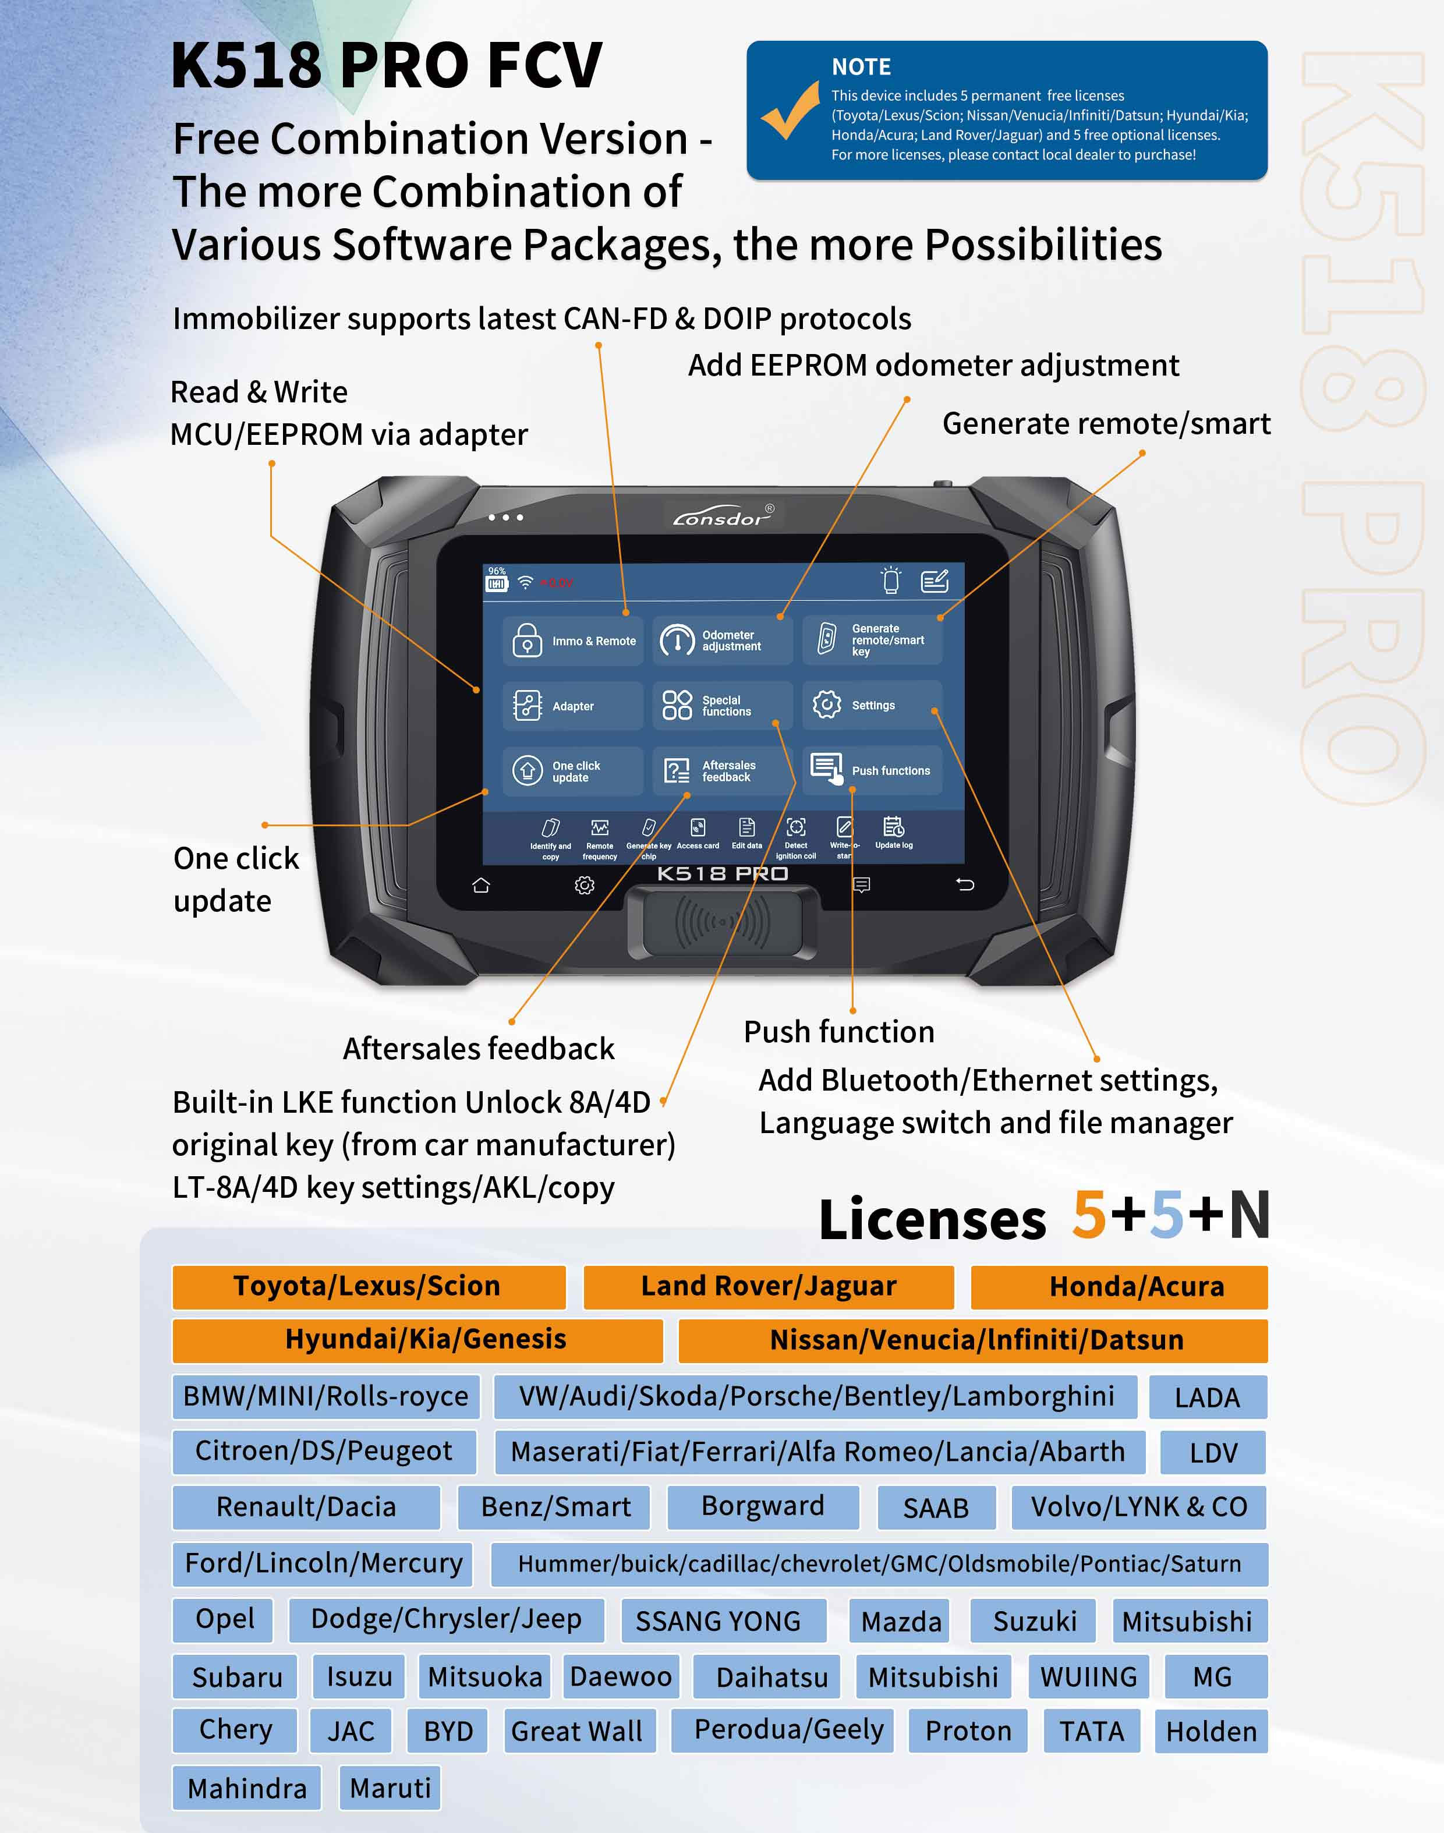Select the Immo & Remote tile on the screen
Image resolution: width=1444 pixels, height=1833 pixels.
point(572,641)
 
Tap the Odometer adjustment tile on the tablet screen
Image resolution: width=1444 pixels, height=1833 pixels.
point(722,641)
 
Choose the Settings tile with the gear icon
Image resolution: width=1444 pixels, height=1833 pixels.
point(872,705)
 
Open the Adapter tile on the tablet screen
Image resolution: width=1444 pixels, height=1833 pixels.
point(572,705)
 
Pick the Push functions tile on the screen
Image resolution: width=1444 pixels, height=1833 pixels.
point(872,770)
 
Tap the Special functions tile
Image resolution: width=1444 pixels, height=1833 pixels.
point(722,705)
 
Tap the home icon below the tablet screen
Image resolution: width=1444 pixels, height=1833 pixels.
point(481,885)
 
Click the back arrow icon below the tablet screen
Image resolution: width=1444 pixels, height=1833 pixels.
point(965,884)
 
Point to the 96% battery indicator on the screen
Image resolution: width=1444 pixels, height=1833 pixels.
point(496,579)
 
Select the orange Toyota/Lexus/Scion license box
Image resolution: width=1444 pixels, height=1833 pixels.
point(369,1287)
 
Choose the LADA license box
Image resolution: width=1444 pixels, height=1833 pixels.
point(1207,1397)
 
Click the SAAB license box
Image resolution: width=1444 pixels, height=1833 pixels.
point(936,1508)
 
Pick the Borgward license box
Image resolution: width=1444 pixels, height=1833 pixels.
point(763,1508)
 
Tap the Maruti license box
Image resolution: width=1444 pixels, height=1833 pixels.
point(390,1788)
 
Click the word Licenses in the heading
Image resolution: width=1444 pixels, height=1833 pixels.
point(933,1220)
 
